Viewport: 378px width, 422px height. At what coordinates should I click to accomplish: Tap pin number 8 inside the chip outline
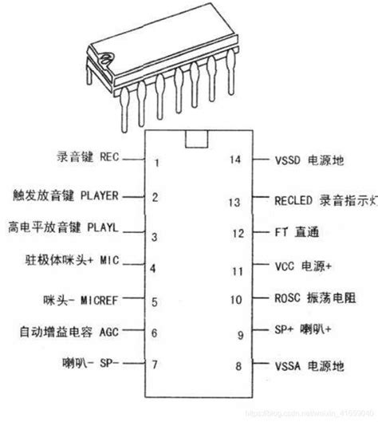click(237, 366)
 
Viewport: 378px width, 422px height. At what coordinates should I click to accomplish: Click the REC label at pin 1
click(108, 158)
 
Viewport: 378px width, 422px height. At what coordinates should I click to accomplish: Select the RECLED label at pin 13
click(293, 202)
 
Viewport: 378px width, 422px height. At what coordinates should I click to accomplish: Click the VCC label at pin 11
click(285, 267)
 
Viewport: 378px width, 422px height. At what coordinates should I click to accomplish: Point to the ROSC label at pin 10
click(288, 300)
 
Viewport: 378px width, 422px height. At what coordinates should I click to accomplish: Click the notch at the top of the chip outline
click(194, 139)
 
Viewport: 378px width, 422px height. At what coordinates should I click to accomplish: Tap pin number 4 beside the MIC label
click(155, 268)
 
